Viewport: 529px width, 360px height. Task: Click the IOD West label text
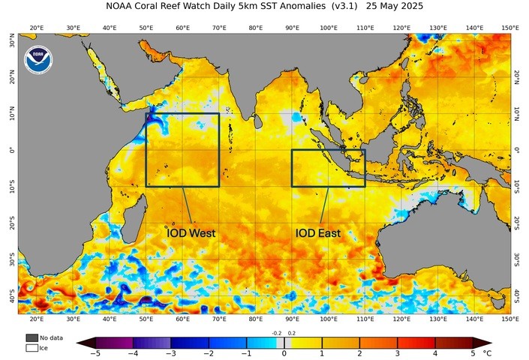tap(191, 233)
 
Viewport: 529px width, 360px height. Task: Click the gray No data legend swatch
tap(32, 338)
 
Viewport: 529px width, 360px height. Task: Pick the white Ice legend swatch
tap(32, 348)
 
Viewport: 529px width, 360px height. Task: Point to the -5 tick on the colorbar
tap(95, 352)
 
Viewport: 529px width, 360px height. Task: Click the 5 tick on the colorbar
tap(473, 352)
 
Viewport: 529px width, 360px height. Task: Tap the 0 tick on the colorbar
tap(284, 352)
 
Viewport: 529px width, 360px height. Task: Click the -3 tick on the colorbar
tap(170, 352)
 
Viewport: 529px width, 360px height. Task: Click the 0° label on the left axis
tap(10, 150)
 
